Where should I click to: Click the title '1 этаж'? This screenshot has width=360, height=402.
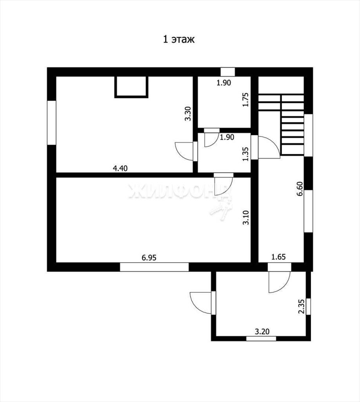(179, 40)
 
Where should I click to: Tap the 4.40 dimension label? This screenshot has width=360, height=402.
(120, 168)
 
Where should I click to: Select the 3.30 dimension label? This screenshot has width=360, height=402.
(188, 113)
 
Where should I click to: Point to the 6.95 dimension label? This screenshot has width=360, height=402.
(149, 258)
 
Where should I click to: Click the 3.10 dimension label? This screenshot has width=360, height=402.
(246, 217)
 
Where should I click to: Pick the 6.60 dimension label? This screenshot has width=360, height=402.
(300, 189)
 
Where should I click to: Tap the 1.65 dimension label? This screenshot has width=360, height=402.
(278, 257)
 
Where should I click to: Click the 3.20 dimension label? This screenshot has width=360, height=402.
(262, 331)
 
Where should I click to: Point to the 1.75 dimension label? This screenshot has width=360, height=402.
(245, 100)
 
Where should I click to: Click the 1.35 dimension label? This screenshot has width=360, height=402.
(245, 154)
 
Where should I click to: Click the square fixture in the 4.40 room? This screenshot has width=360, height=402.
(131, 87)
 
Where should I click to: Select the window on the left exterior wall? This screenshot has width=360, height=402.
(52, 122)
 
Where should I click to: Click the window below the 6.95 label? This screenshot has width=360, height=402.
(155, 267)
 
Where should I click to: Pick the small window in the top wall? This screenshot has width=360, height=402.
(227, 72)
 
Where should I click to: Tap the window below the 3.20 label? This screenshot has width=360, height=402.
(261, 338)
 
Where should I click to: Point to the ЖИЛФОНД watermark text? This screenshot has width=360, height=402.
(179, 191)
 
